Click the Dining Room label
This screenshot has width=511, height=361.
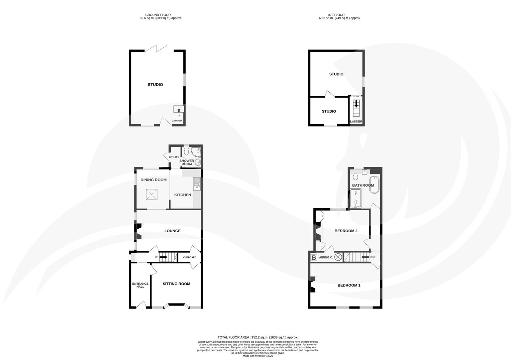(x=154, y=180)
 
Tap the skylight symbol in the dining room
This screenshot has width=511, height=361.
(x=151, y=195)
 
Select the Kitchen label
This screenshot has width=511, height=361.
(x=183, y=195)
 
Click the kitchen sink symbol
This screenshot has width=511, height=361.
(x=196, y=184)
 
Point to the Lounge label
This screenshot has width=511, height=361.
(x=172, y=231)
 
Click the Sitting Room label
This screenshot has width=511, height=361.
(x=176, y=284)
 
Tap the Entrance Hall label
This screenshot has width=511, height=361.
(x=140, y=285)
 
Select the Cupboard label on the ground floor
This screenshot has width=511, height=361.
(x=190, y=257)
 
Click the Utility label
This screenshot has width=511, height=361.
(x=174, y=157)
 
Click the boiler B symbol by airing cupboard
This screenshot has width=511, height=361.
(x=314, y=258)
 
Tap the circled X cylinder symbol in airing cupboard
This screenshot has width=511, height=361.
(x=338, y=257)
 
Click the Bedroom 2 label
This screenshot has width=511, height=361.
(x=346, y=231)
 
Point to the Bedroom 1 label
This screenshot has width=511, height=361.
(x=349, y=285)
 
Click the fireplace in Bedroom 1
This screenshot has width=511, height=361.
(x=313, y=285)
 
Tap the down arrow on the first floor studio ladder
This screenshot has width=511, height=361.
(x=356, y=104)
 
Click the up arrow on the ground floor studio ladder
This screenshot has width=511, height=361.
(x=179, y=110)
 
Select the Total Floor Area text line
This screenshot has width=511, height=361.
(x=258, y=337)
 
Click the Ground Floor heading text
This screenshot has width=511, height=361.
(x=158, y=15)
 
